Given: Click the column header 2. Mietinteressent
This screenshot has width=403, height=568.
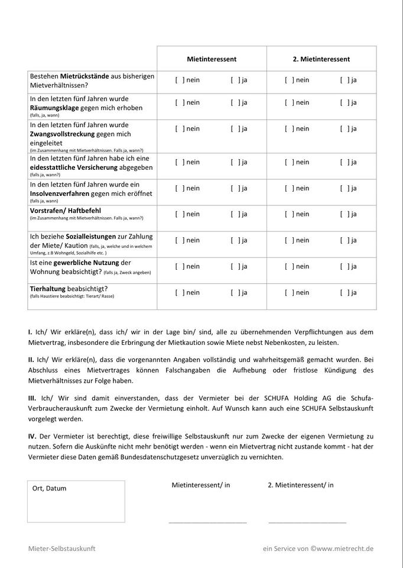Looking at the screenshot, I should pos(321,59).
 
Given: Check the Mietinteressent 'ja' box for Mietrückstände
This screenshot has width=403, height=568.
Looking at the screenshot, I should pos(235,80).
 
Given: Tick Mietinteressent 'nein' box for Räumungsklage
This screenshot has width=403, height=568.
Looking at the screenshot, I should pos(180,102).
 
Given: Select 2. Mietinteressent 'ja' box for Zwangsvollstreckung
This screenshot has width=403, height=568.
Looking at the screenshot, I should pos(344,128).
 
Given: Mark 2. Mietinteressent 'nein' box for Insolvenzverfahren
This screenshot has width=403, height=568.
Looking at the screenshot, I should pos(289,188).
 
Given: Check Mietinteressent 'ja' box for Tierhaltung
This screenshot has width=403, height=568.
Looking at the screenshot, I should pos(235,292).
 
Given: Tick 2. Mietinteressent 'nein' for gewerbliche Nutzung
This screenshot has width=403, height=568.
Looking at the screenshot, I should pos(289,266).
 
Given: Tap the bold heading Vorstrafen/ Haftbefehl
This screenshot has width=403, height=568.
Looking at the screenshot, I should pos(64,210).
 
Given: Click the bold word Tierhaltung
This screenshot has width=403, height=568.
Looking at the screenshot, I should pos(47,288).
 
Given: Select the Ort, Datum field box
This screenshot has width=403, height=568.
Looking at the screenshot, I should pos(76,502).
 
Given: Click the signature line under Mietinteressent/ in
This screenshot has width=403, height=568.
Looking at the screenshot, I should pos(207,522).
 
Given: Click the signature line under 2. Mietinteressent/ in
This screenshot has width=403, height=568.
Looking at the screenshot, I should pos(307,522).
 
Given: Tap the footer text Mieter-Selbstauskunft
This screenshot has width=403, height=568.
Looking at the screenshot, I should pos(61,548).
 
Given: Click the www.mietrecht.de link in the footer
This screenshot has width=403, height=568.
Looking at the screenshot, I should pos(344,548).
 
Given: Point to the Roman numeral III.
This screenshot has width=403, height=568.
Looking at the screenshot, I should pos(32,398).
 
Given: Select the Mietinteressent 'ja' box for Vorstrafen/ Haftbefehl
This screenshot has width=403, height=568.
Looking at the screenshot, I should pos(235,214).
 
